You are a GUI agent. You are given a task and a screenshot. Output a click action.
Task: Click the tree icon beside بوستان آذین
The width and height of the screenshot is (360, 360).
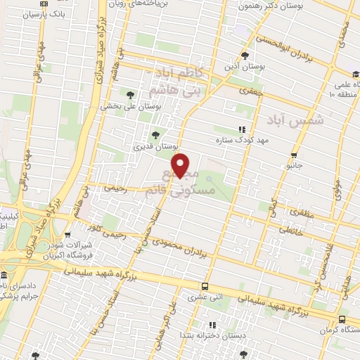tap(244, 56)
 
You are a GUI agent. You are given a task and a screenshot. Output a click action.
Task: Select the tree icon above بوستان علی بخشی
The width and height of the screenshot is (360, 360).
tap(129, 94)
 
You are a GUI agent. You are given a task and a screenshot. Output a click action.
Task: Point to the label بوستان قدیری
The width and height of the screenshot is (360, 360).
tap(153, 147)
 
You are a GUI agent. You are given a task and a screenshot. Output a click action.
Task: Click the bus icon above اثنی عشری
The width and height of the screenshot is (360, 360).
tap(205, 286)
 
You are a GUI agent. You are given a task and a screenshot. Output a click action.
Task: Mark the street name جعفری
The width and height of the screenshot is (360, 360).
tap(252, 90)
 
